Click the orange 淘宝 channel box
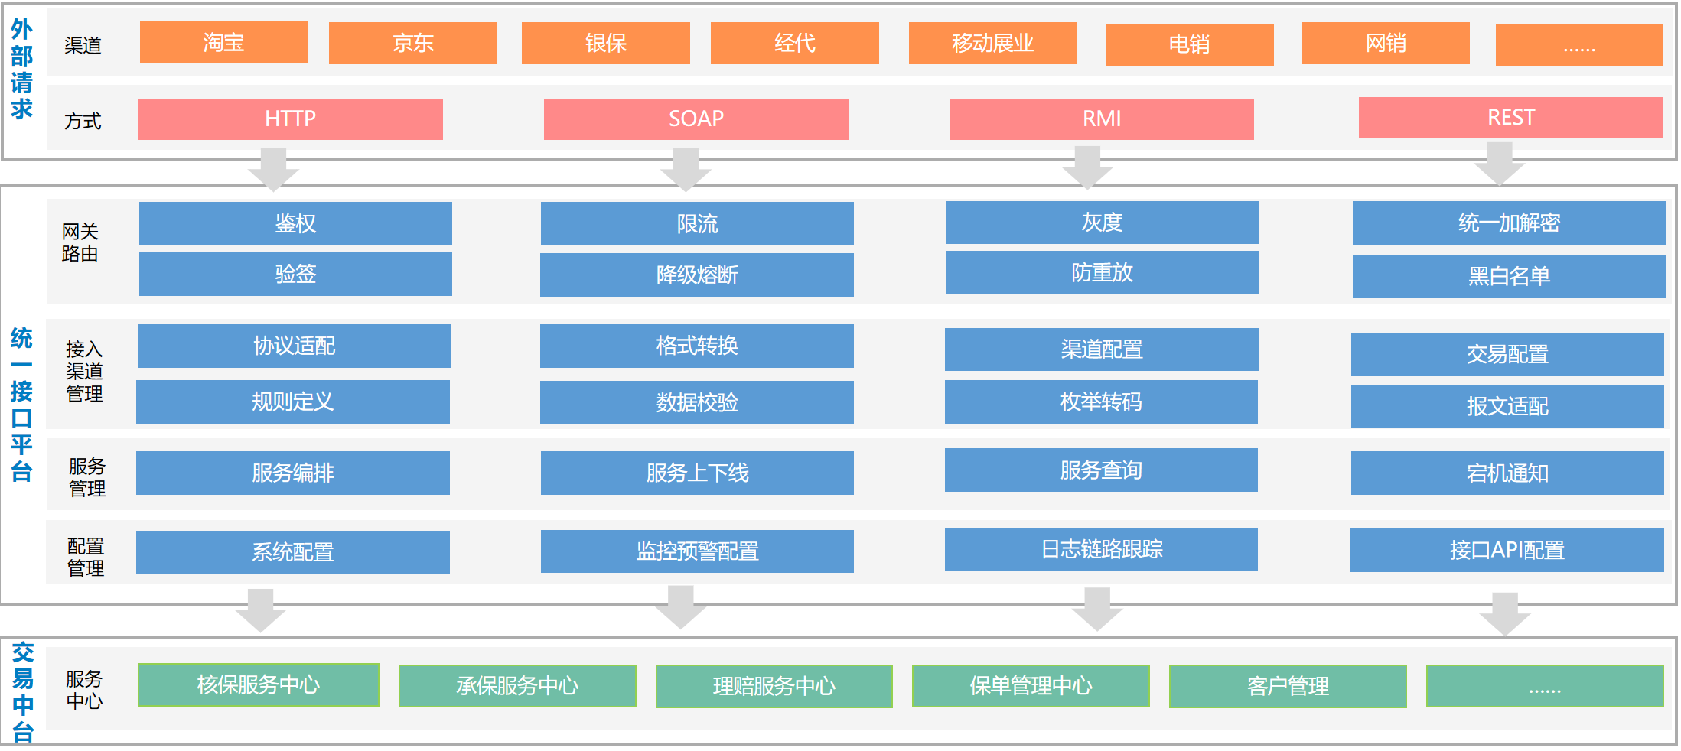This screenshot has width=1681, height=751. pos(223,43)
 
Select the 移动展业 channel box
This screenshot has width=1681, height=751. pos(992,44)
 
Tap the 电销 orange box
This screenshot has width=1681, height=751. pos(1189,44)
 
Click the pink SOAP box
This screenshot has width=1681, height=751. pos(696,119)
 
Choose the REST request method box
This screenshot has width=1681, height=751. pos(1510,118)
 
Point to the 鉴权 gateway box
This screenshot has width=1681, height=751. pos(295,223)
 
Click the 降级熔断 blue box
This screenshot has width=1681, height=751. pos(696,275)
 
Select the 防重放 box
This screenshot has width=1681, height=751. pos(1102,273)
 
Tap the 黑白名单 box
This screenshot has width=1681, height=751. pos(1509,276)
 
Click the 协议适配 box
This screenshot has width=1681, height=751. pos(295,346)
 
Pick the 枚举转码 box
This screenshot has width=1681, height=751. pos(1101,402)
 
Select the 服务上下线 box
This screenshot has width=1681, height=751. pos(697,473)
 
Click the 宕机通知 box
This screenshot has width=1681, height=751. pos(1507,473)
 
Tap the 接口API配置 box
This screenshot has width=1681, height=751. pos(1507,551)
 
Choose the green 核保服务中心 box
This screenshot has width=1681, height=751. pos(259,685)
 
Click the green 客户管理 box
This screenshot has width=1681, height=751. pos(1288,687)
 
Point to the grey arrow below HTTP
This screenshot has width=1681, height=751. pos(273,169)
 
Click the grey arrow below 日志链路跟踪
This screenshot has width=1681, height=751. pos(1097,609)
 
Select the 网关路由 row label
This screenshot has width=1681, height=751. pos(80,242)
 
